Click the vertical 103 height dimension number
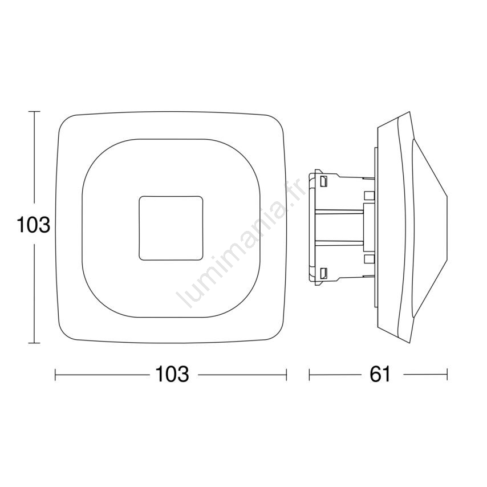click(x=33, y=225)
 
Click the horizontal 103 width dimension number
click(x=172, y=374)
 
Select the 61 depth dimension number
click(x=380, y=374)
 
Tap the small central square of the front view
click(x=171, y=228)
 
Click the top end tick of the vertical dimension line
click(x=34, y=111)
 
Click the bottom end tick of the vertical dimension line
click(x=34, y=343)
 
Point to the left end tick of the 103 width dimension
click(x=55, y=375)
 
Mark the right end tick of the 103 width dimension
click(x=286, y=375)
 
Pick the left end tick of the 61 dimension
click(x=309, y=375)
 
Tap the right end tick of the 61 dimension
click(x=447, y=375)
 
